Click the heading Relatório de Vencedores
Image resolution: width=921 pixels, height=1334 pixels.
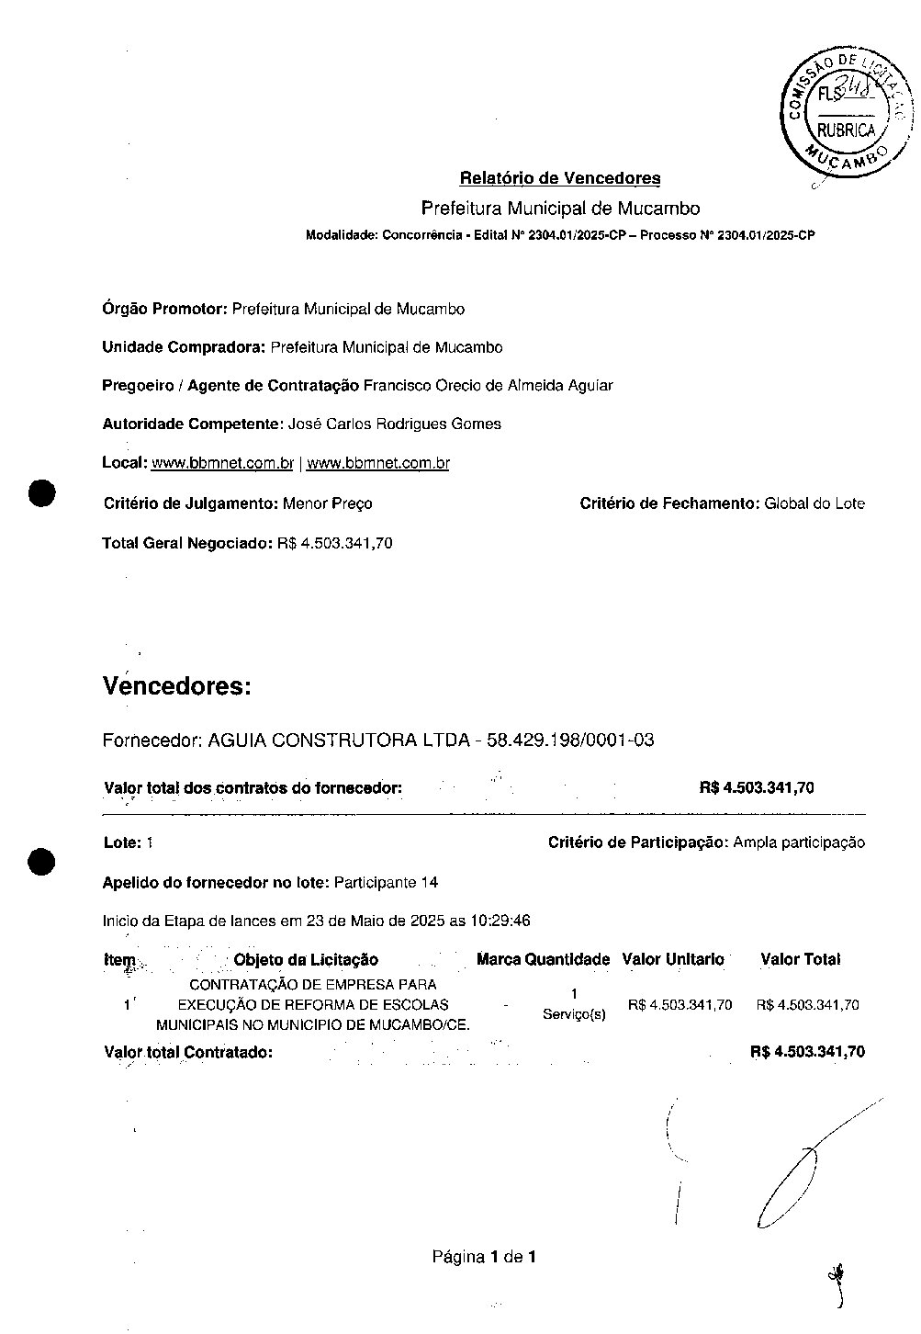click(x=559, y=178)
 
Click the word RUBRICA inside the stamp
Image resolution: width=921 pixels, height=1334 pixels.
click(x=846, y=130)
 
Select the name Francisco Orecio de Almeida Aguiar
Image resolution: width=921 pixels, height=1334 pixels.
click(x=488, y=386)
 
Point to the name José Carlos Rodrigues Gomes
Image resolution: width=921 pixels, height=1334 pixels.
click(x=395, y=424)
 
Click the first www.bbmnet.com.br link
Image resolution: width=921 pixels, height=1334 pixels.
click(x=222, y=464)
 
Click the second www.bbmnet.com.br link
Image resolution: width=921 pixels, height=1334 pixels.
click(x=377, y=464)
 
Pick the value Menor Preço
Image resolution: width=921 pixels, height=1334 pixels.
click(x=328, y=503)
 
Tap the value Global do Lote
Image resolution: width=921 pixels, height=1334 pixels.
click(x=814, y=503)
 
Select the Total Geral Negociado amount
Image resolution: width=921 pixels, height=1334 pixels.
click(x=335, y=543)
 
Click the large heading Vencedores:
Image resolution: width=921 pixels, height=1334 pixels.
click(x=177, y=686)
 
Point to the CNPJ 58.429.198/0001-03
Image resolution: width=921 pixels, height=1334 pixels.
click(x=570, y=740)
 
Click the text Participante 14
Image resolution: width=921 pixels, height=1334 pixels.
click(x=386, y=883)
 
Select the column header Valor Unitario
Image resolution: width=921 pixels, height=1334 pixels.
click(x=673, y=959)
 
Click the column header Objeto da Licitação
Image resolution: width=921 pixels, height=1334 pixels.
click(x=306, y=960)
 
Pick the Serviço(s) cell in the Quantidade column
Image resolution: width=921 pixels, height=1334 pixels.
click(x=574, y=1014)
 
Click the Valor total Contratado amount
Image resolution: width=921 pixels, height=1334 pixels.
click(x=807, y=1052)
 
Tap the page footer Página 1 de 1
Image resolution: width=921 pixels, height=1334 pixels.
click(x=484, y=1256)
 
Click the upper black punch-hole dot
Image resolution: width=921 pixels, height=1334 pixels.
click(x=42, y=493)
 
